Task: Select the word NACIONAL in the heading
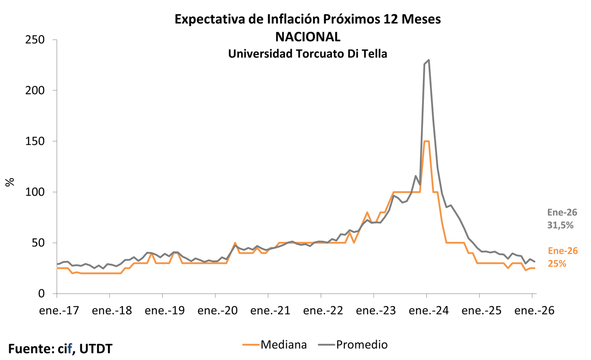point(308,36)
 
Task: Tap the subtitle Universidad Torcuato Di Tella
point(308,54)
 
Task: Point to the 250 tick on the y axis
point(35,40)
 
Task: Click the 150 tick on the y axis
point(35,142)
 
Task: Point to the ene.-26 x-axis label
point(534,311)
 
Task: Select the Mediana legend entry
point(283,344)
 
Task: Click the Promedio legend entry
point(362,344)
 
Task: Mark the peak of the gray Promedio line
point(429,60)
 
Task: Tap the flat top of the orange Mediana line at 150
point(427,141)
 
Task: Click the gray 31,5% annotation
point(560,226)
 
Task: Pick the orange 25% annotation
point(557,264)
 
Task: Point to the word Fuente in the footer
point(30,349)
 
